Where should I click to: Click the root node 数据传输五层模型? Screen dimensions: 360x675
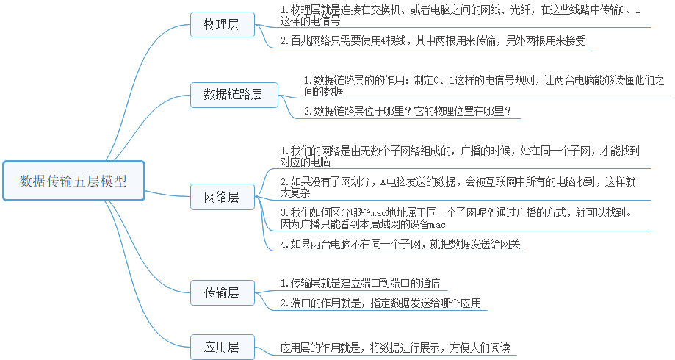click(x=73, y=181)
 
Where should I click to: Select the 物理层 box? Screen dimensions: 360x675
click(x=222, y=24)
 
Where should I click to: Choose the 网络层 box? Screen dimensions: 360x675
click(x=222, y=197)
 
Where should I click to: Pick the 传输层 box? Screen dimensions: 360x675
click(x=222, y=292)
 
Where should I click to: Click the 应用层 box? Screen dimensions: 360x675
click(x=222, y=347)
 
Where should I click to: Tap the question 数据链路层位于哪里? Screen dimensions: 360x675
click(x=407, y=112)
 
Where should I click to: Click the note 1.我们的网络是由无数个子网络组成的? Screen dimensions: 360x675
click(x=460, y=156)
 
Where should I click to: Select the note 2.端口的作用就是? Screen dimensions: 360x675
click(x=382, y=302)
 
